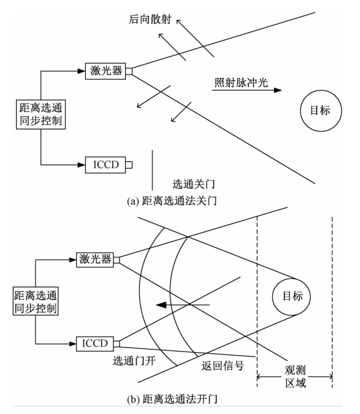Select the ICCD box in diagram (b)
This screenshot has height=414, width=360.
[94, 344]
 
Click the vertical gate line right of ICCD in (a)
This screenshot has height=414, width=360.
[153, 170]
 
